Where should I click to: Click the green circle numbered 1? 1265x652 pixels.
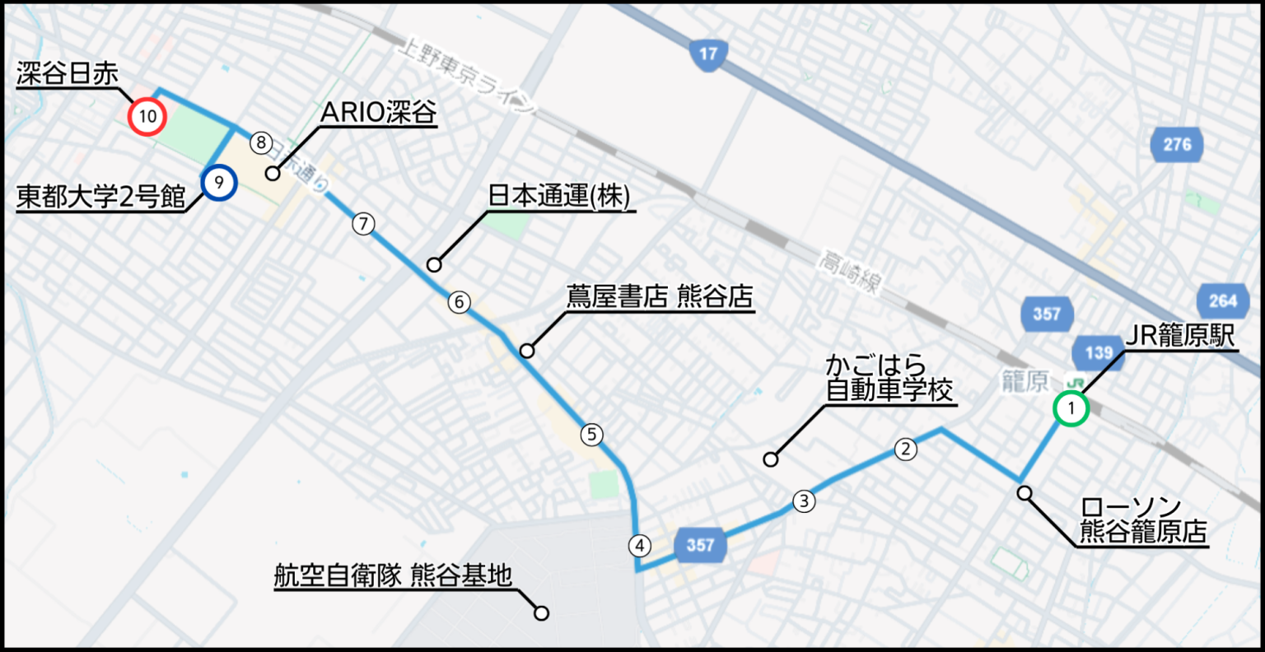pos(1071,408)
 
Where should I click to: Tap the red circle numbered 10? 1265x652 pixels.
pos(147,116)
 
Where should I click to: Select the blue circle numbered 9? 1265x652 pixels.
pos(218,182)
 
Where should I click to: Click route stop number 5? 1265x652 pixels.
pos(591,434)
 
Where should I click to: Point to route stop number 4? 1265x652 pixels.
pos(639,545)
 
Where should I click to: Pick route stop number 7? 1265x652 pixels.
pos(363,223)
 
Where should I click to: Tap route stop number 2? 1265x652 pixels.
pos(905,449)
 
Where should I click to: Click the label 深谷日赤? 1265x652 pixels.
pos(68,74)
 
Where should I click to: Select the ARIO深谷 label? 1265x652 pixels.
pos(378,112)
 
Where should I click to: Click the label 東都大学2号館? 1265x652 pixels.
pos(100,198)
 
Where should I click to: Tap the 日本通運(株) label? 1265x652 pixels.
pos(559,196)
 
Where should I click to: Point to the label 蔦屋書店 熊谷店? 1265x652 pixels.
pos(660,296)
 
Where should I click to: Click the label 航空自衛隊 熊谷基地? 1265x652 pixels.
pos(393,575)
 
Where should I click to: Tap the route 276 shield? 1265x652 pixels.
pos(1177,145)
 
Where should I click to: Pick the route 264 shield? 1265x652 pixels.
pos(1222,300)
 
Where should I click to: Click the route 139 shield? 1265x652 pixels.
pos(1099,353)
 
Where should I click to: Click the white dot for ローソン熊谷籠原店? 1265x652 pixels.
pos(1025,493)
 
